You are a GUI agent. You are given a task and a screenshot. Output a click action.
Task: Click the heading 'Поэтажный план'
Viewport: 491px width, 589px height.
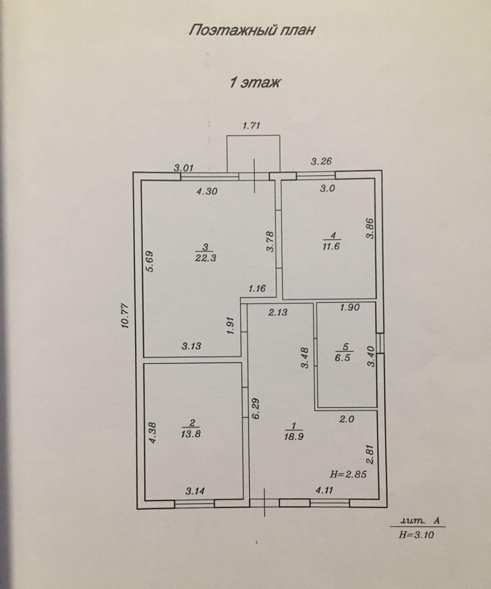point(252,31)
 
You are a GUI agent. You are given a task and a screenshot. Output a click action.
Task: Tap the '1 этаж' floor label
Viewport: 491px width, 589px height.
point(255,82)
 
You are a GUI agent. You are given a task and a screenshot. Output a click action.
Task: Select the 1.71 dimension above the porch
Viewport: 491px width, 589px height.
point(252,127)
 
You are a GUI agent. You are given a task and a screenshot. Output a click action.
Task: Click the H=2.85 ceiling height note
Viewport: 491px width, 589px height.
point(348,474)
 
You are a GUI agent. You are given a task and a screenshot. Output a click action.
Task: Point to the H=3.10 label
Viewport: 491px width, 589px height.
point(416,535)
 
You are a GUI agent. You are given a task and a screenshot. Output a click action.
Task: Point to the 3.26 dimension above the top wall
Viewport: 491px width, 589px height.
point(322,162)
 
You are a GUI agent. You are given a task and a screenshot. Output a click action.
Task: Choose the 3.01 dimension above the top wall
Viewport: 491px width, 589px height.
point(184,166)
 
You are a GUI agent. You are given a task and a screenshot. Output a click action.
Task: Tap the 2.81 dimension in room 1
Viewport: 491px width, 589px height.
point(369,455)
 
